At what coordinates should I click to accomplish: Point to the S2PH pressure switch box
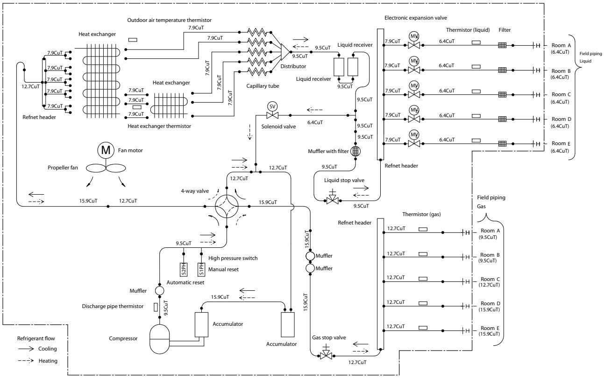click(184, 269)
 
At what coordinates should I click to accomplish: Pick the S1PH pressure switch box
click(201, 269)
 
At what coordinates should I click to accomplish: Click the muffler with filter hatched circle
click(355, 151)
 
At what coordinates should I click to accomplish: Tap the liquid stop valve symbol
click(333, 199)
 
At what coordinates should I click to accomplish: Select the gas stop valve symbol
click(326, 353)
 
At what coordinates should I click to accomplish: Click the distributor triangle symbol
click(285, 52)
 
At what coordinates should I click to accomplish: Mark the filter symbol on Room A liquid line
click(502, 45)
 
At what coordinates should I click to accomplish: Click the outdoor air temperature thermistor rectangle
click(133, 40)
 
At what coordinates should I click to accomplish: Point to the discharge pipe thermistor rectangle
click(156, 307)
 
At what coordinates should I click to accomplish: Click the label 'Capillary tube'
click(263, 86)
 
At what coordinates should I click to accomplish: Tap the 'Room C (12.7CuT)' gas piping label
click(490, 282)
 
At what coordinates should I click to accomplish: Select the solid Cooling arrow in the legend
click(26, 349)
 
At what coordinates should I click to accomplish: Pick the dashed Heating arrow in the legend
click(26, 361)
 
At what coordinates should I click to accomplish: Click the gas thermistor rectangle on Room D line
click(423, 303)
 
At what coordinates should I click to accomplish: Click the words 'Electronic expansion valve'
click(416, 18)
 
